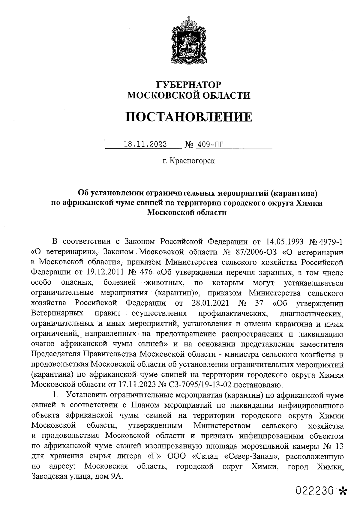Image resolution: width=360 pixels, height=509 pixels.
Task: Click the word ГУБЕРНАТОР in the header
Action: coord(189,85)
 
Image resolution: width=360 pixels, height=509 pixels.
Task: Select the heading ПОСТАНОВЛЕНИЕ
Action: coord(189,117)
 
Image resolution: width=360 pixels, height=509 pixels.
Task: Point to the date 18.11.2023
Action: coord(145,144)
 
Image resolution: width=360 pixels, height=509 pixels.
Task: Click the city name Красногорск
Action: coord(192,161)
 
